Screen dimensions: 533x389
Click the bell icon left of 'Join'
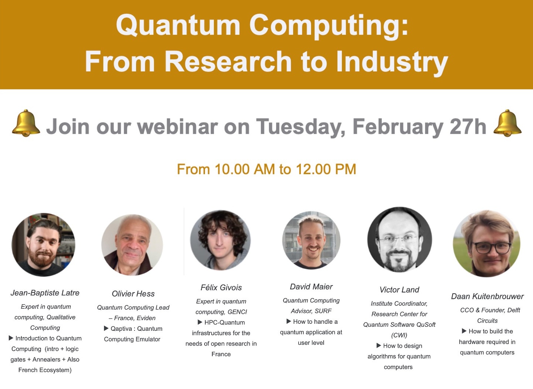tap(26, 123)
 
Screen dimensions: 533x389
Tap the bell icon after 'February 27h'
tap(508, 123)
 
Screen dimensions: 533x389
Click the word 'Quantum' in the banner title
tap(178, 26)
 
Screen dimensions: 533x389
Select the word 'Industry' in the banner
tap(392, 62)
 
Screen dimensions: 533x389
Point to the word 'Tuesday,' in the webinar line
tap(300, 127)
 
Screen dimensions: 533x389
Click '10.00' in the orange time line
tap(233, 169)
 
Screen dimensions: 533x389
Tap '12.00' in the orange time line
tap(314, 169)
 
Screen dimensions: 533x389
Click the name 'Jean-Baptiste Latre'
tap(45, 293)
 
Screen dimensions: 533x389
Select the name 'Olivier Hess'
tap(133, 294)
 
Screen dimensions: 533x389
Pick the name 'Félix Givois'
tap(221, 287)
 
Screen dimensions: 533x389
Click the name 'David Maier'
tap(311, 287)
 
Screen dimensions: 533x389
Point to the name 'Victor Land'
tap(399, 290)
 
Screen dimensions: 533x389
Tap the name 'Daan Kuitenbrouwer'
tap(487, 296)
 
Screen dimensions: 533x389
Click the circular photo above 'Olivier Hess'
tap(132, 245)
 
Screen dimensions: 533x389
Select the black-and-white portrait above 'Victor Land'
tap(400, 239)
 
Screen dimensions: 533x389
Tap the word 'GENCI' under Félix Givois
tap(237, 312)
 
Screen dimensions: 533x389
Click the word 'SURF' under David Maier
tap(323, 311)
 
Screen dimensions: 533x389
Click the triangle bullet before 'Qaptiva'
tap(107, 328)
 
